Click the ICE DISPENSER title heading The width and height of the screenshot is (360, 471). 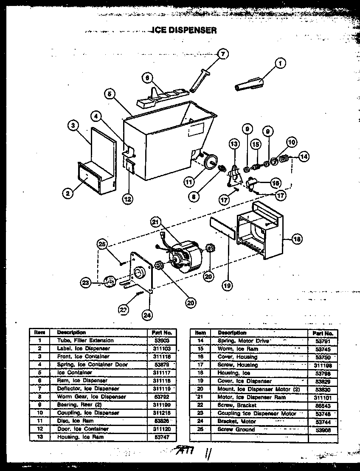[184, 30]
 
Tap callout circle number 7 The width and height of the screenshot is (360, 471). [222, 54]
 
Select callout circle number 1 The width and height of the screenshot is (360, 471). [280, 63]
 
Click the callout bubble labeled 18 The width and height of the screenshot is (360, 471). [297, 239]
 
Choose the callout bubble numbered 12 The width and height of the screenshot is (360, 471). [127, 198]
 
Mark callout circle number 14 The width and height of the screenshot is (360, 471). [303, 156]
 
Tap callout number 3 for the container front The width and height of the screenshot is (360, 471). [73, 125]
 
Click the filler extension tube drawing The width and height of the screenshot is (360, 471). [248, 84]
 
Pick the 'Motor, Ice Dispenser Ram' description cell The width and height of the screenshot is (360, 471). [251, 397]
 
